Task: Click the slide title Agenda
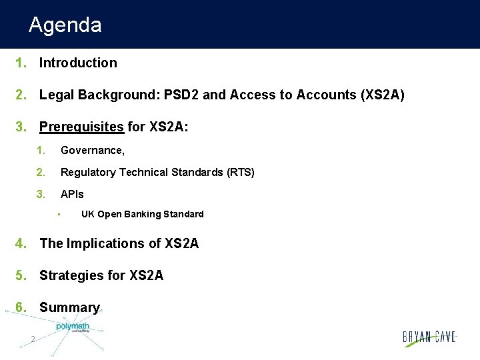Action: (x=65, y=25)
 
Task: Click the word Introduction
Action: (x=78, y=63)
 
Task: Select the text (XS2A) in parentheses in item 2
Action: (x=381, y=95)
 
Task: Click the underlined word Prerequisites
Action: (x=81, y=127)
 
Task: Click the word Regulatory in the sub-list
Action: (x=87, y=173)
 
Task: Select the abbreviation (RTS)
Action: (x=241, y=173)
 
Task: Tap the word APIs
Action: (x=73, y=195)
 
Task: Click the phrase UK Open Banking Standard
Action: (x=142, y=214)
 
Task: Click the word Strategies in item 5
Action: (x=69, y=275)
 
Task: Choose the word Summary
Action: (x=69, y=307)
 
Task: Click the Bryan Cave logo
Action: (x=429, y=337)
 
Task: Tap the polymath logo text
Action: (x=73, y=326)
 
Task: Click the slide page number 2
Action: (x=33, y=340)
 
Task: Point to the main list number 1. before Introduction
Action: (x=21, y=63)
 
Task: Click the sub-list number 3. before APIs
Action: (x=41, y=195)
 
